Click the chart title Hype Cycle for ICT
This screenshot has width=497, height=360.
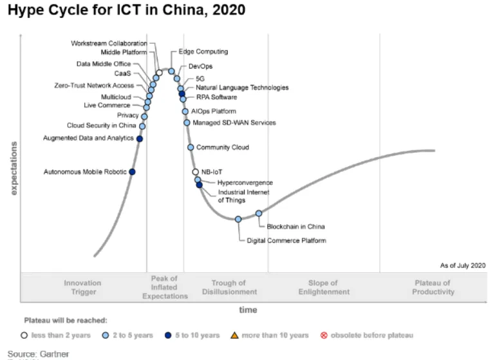tap(126, 11)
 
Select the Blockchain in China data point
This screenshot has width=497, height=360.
tap(259, 213)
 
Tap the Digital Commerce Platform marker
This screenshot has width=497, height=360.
tap(238, 220)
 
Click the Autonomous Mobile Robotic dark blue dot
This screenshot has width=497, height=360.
tap(132, 172)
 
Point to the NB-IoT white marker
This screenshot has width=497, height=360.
tap(196, 172)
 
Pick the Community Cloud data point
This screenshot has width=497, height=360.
tap(191, 147)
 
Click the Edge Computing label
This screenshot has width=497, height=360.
tap(203, 52)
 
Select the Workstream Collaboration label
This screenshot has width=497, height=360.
tap(109, 43)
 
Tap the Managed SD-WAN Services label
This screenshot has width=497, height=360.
tap(234, 122)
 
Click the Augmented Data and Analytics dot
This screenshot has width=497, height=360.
tap(140, 138)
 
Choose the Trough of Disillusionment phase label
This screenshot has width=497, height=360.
tap(229, 287)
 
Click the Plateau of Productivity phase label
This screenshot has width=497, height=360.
tap(433, 287)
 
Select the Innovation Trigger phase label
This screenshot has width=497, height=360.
tap(82, 287)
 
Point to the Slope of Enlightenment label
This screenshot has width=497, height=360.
tap(323, 287)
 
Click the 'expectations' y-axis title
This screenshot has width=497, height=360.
tap(12, 167)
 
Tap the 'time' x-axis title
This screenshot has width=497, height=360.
tap(248, 310)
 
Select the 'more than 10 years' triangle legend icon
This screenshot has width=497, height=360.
tap(235, 336)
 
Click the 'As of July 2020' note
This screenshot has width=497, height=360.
tap(462, 265)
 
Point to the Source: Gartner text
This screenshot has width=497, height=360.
tap(38, 354)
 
